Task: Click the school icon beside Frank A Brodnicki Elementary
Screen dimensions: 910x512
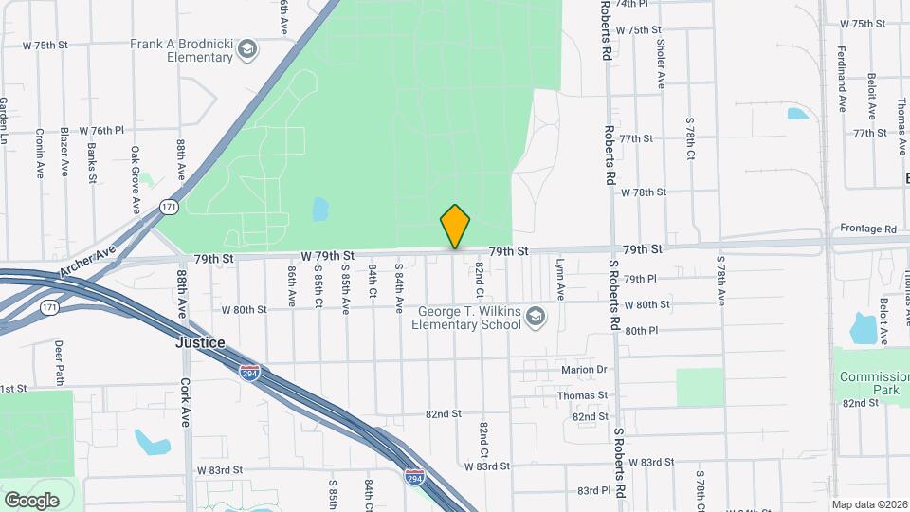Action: tap(246, 49)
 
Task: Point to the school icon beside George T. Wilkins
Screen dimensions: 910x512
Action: tap(537, 316)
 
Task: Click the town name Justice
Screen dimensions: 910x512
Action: tap(200, 342)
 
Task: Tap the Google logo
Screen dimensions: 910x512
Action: tap(31, 499)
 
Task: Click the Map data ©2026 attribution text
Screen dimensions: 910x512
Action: tap(869, 503)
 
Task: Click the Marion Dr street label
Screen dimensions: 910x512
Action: tap(583, 370)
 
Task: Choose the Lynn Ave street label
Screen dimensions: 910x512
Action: tap(559, 280)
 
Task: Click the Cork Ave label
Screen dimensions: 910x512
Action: tap(186, 403)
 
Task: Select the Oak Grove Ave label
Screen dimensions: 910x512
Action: tap(136, 179)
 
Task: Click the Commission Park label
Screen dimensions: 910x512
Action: tap(872, 384)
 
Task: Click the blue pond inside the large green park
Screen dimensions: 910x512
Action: tap(319, 209)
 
